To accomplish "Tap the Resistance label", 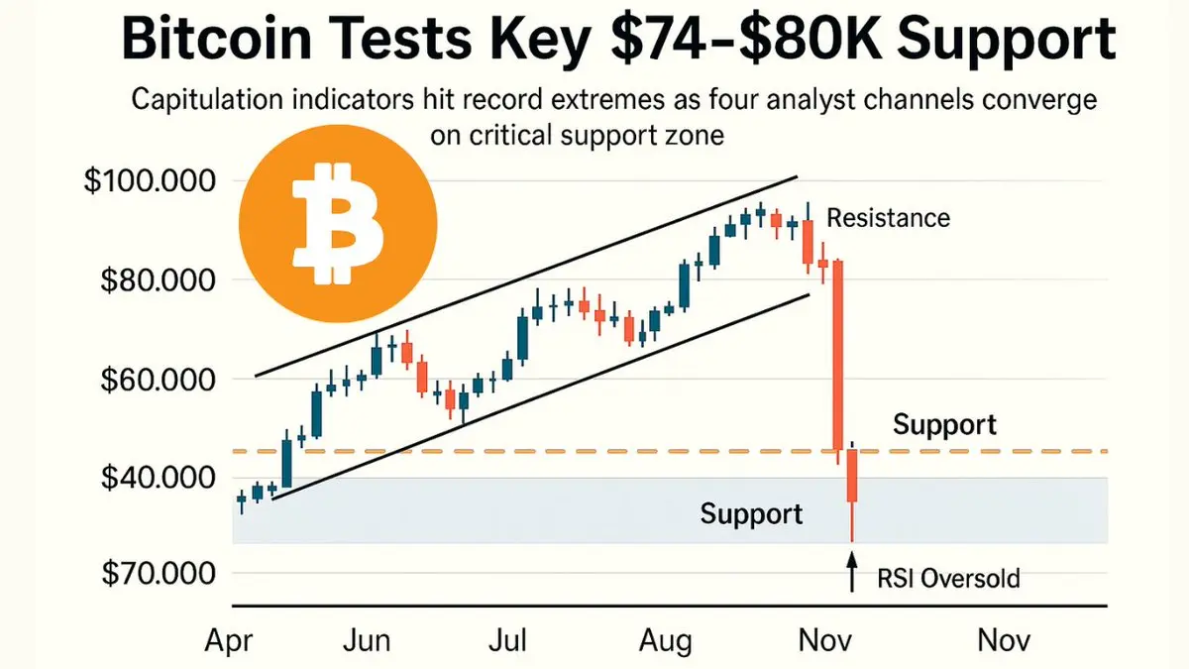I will pyautogui.click(x=888, y=217).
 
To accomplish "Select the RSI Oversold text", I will pyautogui.click(x=948, y=578).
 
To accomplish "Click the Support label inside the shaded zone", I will pyautogui.click(x=751, y=514).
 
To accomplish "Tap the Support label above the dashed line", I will pyautogui.click(x=944, y=425).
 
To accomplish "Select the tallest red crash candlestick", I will pyautogui.click(x=838, y=357).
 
